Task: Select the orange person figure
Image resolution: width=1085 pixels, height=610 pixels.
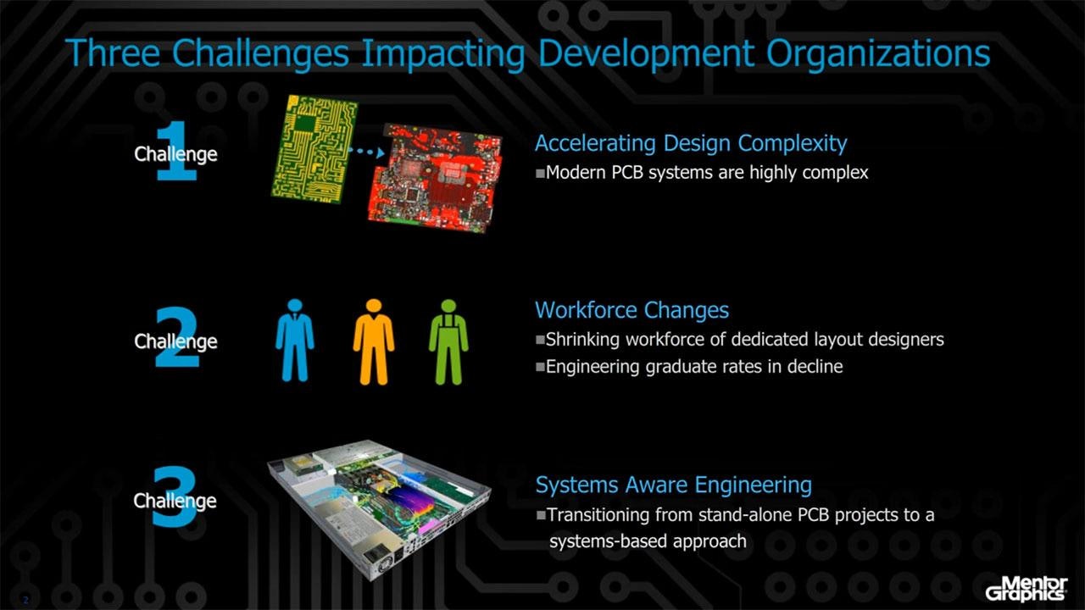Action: tap(374, 341)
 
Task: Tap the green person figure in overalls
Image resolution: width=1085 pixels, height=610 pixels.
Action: tap(448, 341)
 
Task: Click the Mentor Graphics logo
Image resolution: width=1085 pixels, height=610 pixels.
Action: tap(1026, 587)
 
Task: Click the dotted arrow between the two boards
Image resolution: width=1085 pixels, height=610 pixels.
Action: tap(365, 152)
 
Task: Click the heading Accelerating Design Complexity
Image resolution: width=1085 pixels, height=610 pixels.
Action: tap(691, 143)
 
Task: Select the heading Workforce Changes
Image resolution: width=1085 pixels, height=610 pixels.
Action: tap(632, 310)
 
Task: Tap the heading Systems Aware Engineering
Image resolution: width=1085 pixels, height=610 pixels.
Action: tap(673, 485)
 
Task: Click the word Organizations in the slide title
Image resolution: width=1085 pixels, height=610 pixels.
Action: tap(877, 53)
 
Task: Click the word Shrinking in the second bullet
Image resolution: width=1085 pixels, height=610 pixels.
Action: tap(584, 340)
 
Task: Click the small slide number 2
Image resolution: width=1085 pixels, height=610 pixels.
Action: tap(25, 600)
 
